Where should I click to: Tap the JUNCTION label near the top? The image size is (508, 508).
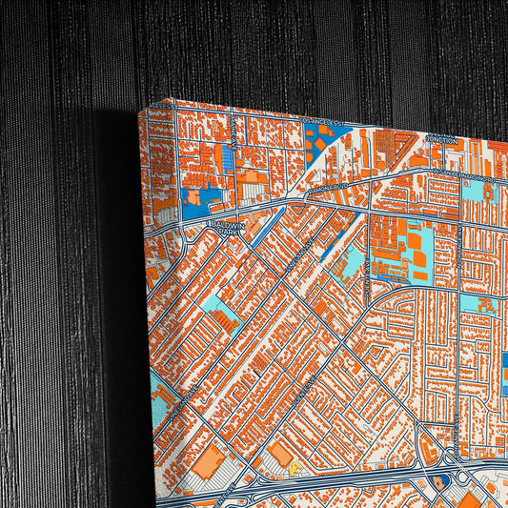443,138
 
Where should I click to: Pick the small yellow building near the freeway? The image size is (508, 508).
294,469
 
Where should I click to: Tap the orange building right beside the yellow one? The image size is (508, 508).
280,455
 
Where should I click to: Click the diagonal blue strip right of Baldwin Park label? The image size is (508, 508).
271,224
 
